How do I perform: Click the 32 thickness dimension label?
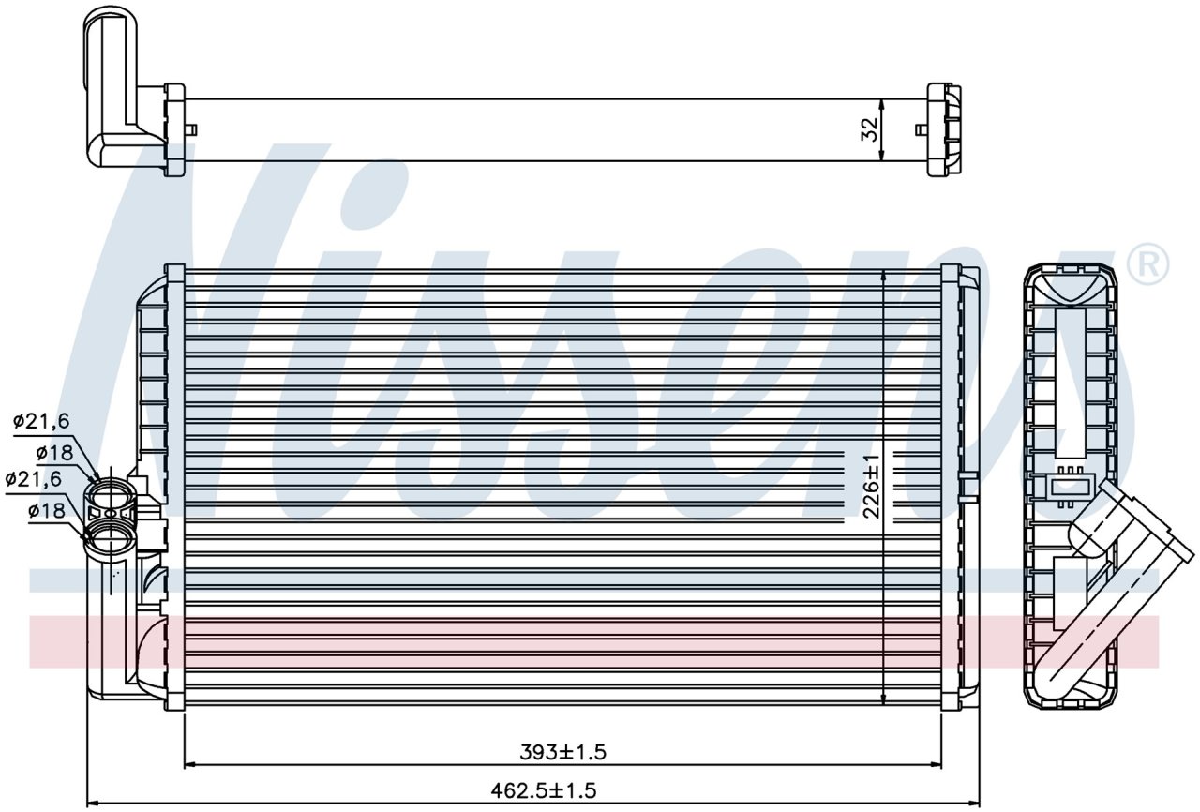tap(870, 129)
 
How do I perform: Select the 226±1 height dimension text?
tap(872, 487)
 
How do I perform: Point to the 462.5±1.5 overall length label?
tap(543, 790)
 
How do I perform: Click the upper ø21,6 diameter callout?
tap(41, 422)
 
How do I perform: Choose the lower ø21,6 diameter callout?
tap(33, 478)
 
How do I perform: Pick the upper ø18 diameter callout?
tap(54, 453)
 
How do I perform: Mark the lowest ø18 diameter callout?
tap(47, 510)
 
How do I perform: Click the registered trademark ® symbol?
tap(1147, 264)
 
